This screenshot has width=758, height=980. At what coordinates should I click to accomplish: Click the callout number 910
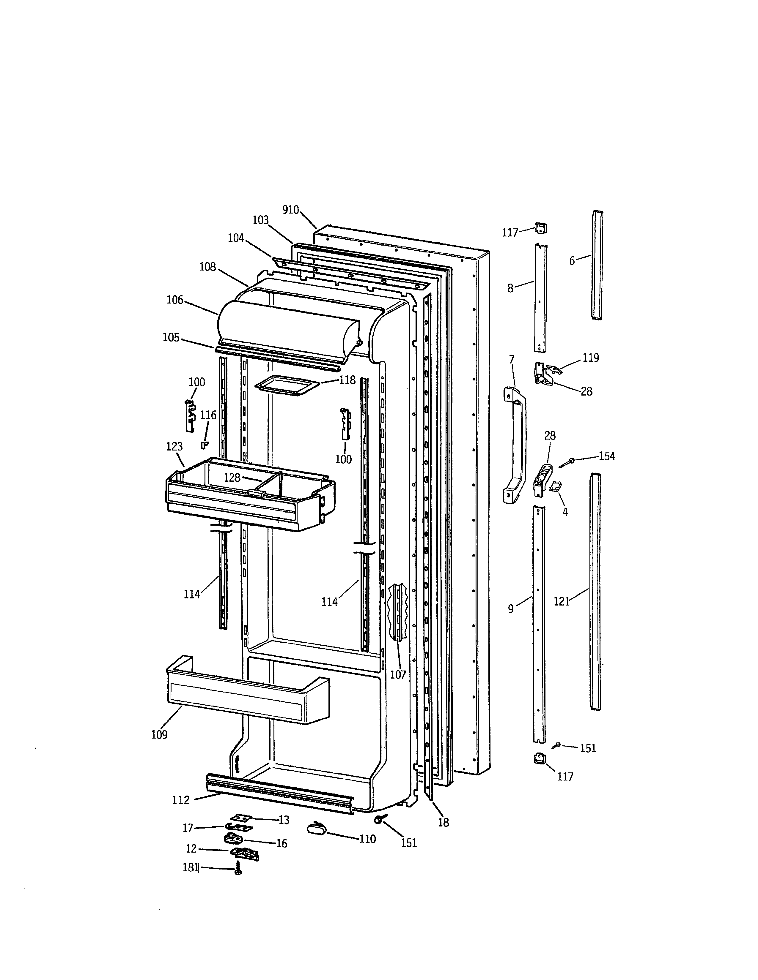[290, 210]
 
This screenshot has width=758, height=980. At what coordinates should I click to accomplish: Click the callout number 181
[190, 867]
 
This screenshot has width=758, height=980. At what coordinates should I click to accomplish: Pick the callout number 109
[159, 734]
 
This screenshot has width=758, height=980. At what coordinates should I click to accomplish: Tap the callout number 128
[232, 478]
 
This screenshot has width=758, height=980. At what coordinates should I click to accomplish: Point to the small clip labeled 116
[204, 444]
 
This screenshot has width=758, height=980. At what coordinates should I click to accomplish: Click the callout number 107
[398, 674]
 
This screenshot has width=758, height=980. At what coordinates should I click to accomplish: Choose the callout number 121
[561, 602]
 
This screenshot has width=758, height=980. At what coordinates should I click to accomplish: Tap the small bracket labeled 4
[556, 486]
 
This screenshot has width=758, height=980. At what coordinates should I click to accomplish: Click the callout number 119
[591, 358]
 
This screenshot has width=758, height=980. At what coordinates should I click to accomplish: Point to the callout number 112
[180, 800]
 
